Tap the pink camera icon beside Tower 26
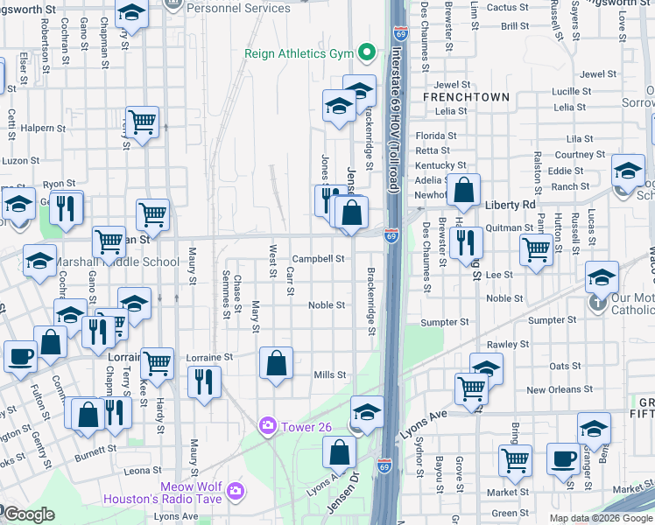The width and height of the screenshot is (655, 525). pyautogui.click(x=267, y=425)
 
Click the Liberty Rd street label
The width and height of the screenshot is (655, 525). pyautogui.click(x=510, y=204)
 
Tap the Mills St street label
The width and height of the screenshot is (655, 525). pyautogui.click(x=330, y=374)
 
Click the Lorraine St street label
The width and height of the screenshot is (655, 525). pyautogui.click(x=210, y=357)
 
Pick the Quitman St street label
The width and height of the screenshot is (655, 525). pyautogui.click(x=509, y=227)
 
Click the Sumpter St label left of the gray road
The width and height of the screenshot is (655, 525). pyautogui.click(x=446, y=322)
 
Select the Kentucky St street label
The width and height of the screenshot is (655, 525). pyautogui.click(x=440, y=164)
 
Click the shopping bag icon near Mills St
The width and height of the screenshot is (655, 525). pyautogui.click(x=276, y=363)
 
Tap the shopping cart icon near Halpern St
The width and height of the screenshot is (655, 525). pyautogui.click(x=141, y=121)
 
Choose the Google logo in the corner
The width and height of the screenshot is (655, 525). pyautogui.click(x=29, y=514)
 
